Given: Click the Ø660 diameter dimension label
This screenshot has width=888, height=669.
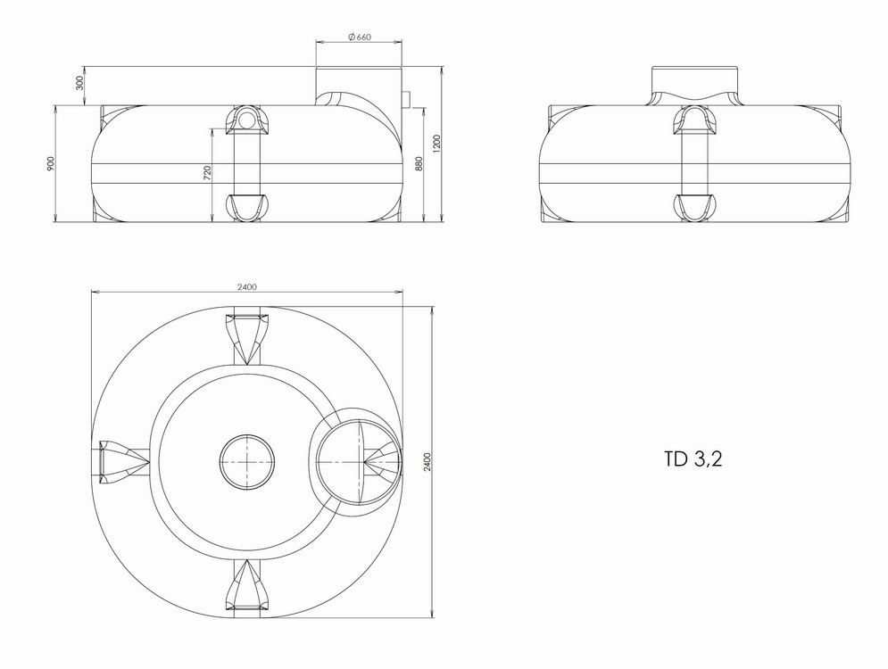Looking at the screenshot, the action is pyautogui.click(x=360, y=37).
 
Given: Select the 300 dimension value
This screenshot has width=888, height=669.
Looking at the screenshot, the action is pyautogui.click(x=79, y=83).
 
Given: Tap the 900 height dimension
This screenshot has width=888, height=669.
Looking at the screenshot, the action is pyautogui.click(x=50, y=163).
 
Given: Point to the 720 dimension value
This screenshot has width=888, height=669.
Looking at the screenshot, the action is pyautogui.click(x=207, y=173).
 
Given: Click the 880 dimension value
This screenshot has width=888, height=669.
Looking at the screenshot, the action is pyautogui.click(x=419, y=163).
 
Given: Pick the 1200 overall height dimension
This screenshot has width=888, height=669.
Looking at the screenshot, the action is pyautogui.click(x=436, y=144).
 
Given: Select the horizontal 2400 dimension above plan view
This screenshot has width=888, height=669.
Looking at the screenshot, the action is pyautogui.click(x=247, y=286).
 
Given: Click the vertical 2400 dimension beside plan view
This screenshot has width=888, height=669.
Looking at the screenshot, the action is pyautogui.click(x=427, y=462).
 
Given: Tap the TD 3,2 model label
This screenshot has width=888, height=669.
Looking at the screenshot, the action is pyautogui.click(x=693, y=459).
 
